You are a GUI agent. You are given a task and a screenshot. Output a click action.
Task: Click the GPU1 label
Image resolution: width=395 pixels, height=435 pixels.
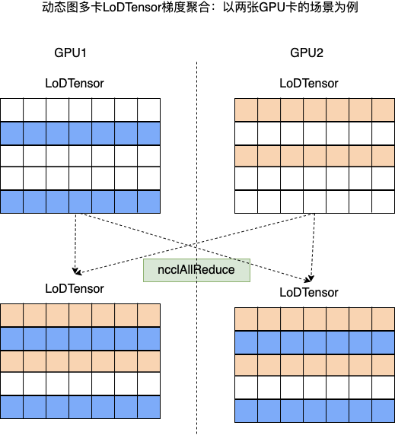click(70, 52)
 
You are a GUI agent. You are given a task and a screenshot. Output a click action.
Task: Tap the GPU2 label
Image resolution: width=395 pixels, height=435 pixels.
click(307, 52)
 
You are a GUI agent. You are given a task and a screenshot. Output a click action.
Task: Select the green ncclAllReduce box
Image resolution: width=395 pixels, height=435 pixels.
click(196, 270)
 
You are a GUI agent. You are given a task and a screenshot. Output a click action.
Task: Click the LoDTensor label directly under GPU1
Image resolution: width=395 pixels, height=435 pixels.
click(75, 83)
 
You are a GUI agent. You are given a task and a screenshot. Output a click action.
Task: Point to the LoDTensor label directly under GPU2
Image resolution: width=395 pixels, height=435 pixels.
click(309, 83)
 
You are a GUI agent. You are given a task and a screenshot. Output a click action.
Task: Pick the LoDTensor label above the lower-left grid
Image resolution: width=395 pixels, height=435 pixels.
click(75, 288)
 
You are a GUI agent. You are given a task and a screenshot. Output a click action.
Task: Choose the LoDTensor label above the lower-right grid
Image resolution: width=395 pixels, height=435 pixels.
click(309, 292)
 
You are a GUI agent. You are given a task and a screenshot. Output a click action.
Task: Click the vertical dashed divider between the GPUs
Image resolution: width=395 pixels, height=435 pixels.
click(197, 248)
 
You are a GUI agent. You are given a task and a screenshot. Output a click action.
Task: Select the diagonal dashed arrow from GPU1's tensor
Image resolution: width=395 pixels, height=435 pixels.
click(196, 247)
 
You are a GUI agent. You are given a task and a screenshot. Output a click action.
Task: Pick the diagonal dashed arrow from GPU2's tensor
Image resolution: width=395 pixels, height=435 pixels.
click(196, 244)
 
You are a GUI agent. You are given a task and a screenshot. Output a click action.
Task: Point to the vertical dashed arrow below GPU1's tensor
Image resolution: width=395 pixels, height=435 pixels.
click(75, 243)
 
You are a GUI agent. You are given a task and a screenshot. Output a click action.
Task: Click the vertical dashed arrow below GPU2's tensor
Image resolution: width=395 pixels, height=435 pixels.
click(313, 247)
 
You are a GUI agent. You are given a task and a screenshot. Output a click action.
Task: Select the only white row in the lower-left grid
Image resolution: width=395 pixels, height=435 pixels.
click(80, 384)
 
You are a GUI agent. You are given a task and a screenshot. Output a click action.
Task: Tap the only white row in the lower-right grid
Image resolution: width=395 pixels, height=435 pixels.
click(315, 388)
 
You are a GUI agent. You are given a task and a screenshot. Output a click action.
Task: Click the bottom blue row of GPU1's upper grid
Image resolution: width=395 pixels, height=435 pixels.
click(80, 202)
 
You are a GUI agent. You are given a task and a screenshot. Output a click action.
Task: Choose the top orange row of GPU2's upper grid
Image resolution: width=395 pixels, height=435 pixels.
click(315, 110)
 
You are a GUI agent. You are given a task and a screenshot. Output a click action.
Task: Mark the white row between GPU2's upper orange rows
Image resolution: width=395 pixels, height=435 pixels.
click(315, 133)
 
